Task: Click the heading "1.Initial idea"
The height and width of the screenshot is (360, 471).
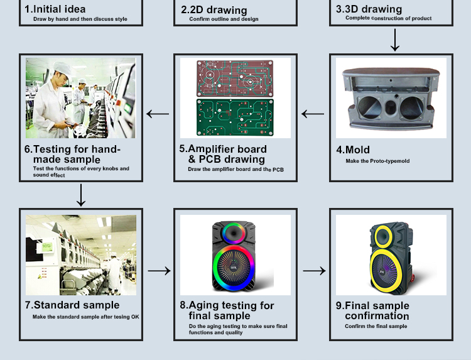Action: (55, 9)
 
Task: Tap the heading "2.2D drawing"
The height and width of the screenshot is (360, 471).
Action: (214, 10)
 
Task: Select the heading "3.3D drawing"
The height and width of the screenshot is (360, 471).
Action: (369, 9)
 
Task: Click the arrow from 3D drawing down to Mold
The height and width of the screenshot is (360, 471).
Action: (395, 40)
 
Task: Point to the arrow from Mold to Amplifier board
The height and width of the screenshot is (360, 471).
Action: (313, 114)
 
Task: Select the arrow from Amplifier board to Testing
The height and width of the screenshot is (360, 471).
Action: (158, 114)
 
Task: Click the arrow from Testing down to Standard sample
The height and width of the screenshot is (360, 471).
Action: (81, 195)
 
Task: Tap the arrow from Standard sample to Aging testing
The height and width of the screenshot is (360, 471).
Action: (160, 271)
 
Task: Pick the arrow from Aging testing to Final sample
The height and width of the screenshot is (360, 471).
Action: (314, 271)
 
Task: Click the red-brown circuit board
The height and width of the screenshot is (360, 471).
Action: (235, 78)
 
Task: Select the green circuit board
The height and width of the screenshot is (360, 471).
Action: (235, 117)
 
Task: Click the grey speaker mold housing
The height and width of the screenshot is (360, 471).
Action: (391, 98)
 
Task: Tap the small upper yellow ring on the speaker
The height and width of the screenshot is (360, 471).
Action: (383, 237)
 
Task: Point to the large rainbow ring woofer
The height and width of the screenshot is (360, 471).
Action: (234, 267)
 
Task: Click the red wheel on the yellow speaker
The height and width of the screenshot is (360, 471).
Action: (412, 278)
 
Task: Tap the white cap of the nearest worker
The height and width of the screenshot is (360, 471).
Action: (63, 68)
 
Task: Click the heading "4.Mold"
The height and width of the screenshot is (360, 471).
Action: (353, 150)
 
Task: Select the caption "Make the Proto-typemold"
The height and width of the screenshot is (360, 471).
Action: (377, 161)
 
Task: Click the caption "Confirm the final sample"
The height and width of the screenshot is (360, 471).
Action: (376, 326)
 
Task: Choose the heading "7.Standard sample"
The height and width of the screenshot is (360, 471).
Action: (72, 305)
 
